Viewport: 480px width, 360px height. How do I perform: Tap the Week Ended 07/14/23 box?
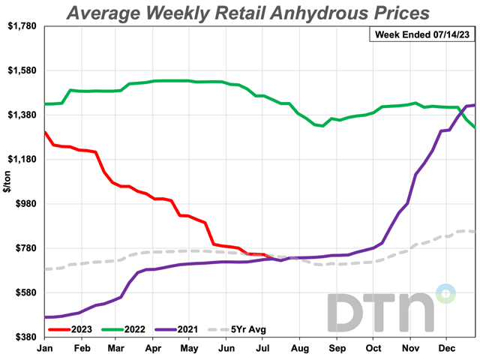pyautogui.click(x=418, y=34)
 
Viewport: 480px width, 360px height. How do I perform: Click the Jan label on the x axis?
pyautogui.click(x=45, y=349)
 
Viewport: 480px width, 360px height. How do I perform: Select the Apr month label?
pyautogui.click(x=154, y=349)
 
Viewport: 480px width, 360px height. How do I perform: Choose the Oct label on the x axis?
pyautogui.click(x=373, y=349)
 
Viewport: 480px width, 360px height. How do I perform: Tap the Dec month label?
pyautogui.click(x=447, y=349)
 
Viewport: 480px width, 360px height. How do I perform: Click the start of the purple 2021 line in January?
pyautogui.click(x=46, y=317)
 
